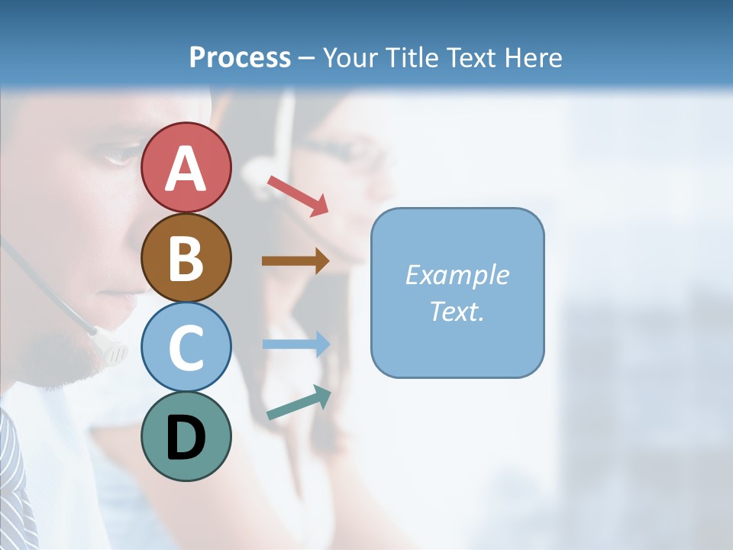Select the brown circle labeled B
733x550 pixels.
[x=186, y=257]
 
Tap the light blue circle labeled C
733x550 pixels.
[x=186, y=347]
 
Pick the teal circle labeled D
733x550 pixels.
[x=186, y=436]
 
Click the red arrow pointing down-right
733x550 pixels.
[x=298, y=196]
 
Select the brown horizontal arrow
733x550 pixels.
[x=295, y=261]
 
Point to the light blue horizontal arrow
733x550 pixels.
[x=296, y=344]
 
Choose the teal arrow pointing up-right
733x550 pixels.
[x=299, y=403]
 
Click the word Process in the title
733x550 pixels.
[x=240, y=57]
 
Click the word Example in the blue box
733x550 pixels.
[x=457, y=275]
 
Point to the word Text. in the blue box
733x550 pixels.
[x=457, y=311]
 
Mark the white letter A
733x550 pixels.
[x=186, y=168]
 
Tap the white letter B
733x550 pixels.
[x=186, y=258]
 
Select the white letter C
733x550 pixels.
[x=186, y=348]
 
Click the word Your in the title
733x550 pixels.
[x=349, y=57]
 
